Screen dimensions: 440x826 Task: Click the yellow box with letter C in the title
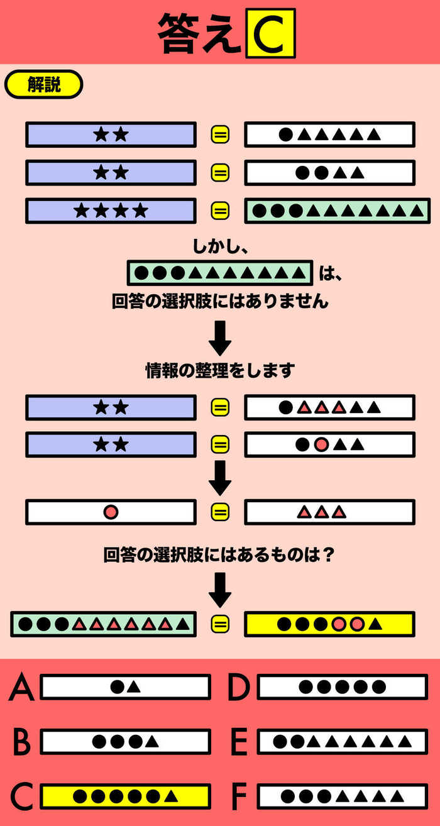[271, 33]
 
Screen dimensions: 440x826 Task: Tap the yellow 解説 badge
[43, 84]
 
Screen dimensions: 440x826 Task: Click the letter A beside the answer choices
[21, 686]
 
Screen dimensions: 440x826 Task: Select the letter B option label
[21, 742]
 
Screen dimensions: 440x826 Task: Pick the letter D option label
[239, 686]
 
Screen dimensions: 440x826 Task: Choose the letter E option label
[239, 742]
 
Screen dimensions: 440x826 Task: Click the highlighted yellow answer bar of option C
[125, 796]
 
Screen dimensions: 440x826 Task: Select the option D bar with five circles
[343, 686]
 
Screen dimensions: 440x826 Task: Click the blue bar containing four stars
[111, 211]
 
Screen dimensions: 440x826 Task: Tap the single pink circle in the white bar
[111, 512]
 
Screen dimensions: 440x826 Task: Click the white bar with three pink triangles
[329, 512]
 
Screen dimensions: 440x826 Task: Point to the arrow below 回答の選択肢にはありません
[220, 338]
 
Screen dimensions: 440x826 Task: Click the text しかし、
[220, 246]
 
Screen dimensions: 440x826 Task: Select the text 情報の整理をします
[220, 371]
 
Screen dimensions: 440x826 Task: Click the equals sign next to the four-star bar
[220, 211]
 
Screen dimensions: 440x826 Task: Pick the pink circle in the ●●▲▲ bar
[321, 444]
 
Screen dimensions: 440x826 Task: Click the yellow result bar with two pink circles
[329, 624]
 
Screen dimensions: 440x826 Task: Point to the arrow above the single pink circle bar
[220, 478]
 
